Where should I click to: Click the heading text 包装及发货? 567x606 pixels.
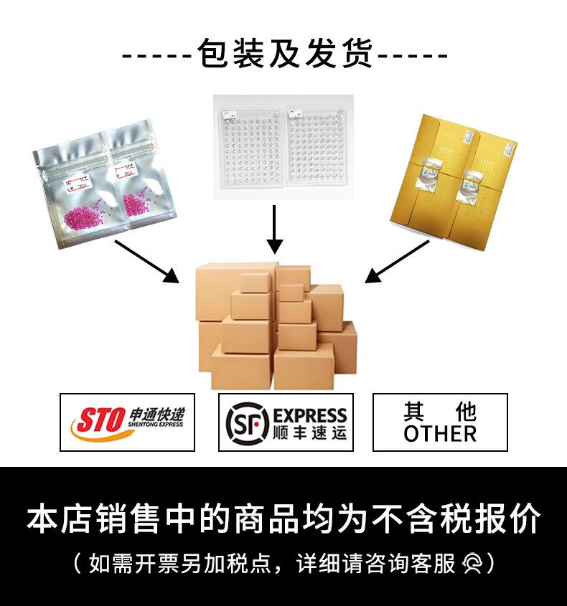click(285, 55)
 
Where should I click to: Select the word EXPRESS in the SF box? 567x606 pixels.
click(310, 415)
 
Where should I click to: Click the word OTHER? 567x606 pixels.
click(440, 434)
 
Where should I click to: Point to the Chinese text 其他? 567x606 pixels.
click(440, 412)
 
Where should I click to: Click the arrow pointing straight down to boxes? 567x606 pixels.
click(273, 229)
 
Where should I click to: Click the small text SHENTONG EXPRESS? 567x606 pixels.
click(157, 425)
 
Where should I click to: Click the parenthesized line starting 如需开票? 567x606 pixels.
click(283, 563)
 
